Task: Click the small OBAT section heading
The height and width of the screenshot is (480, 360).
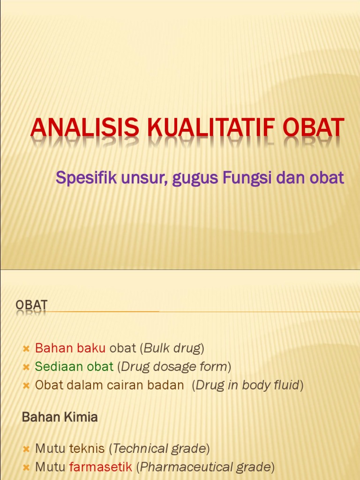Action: (31, 305)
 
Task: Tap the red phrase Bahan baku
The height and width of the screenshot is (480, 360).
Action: (70, 348)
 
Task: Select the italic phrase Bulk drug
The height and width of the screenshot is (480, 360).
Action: (172, 348)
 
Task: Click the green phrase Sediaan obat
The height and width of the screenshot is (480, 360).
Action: (74, 366)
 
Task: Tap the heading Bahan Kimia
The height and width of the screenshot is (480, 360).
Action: (60, 417)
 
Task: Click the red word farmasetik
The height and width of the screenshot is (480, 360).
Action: (100, 467)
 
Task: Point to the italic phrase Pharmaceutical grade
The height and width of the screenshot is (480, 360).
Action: (205, 467)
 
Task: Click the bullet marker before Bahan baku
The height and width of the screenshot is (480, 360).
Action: (26, 349)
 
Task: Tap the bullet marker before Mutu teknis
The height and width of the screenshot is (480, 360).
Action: (26, 449)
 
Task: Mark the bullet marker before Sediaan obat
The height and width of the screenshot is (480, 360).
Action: (26, 367)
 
